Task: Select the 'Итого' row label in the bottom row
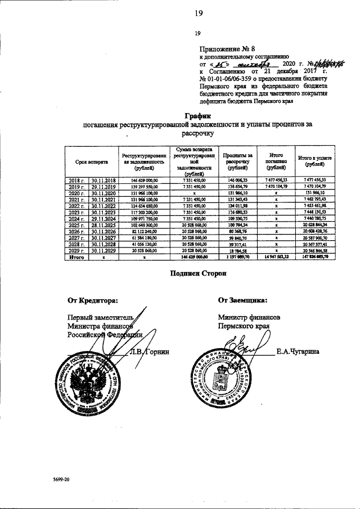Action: (76, 257)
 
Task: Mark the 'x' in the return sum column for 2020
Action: (193, 192)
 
